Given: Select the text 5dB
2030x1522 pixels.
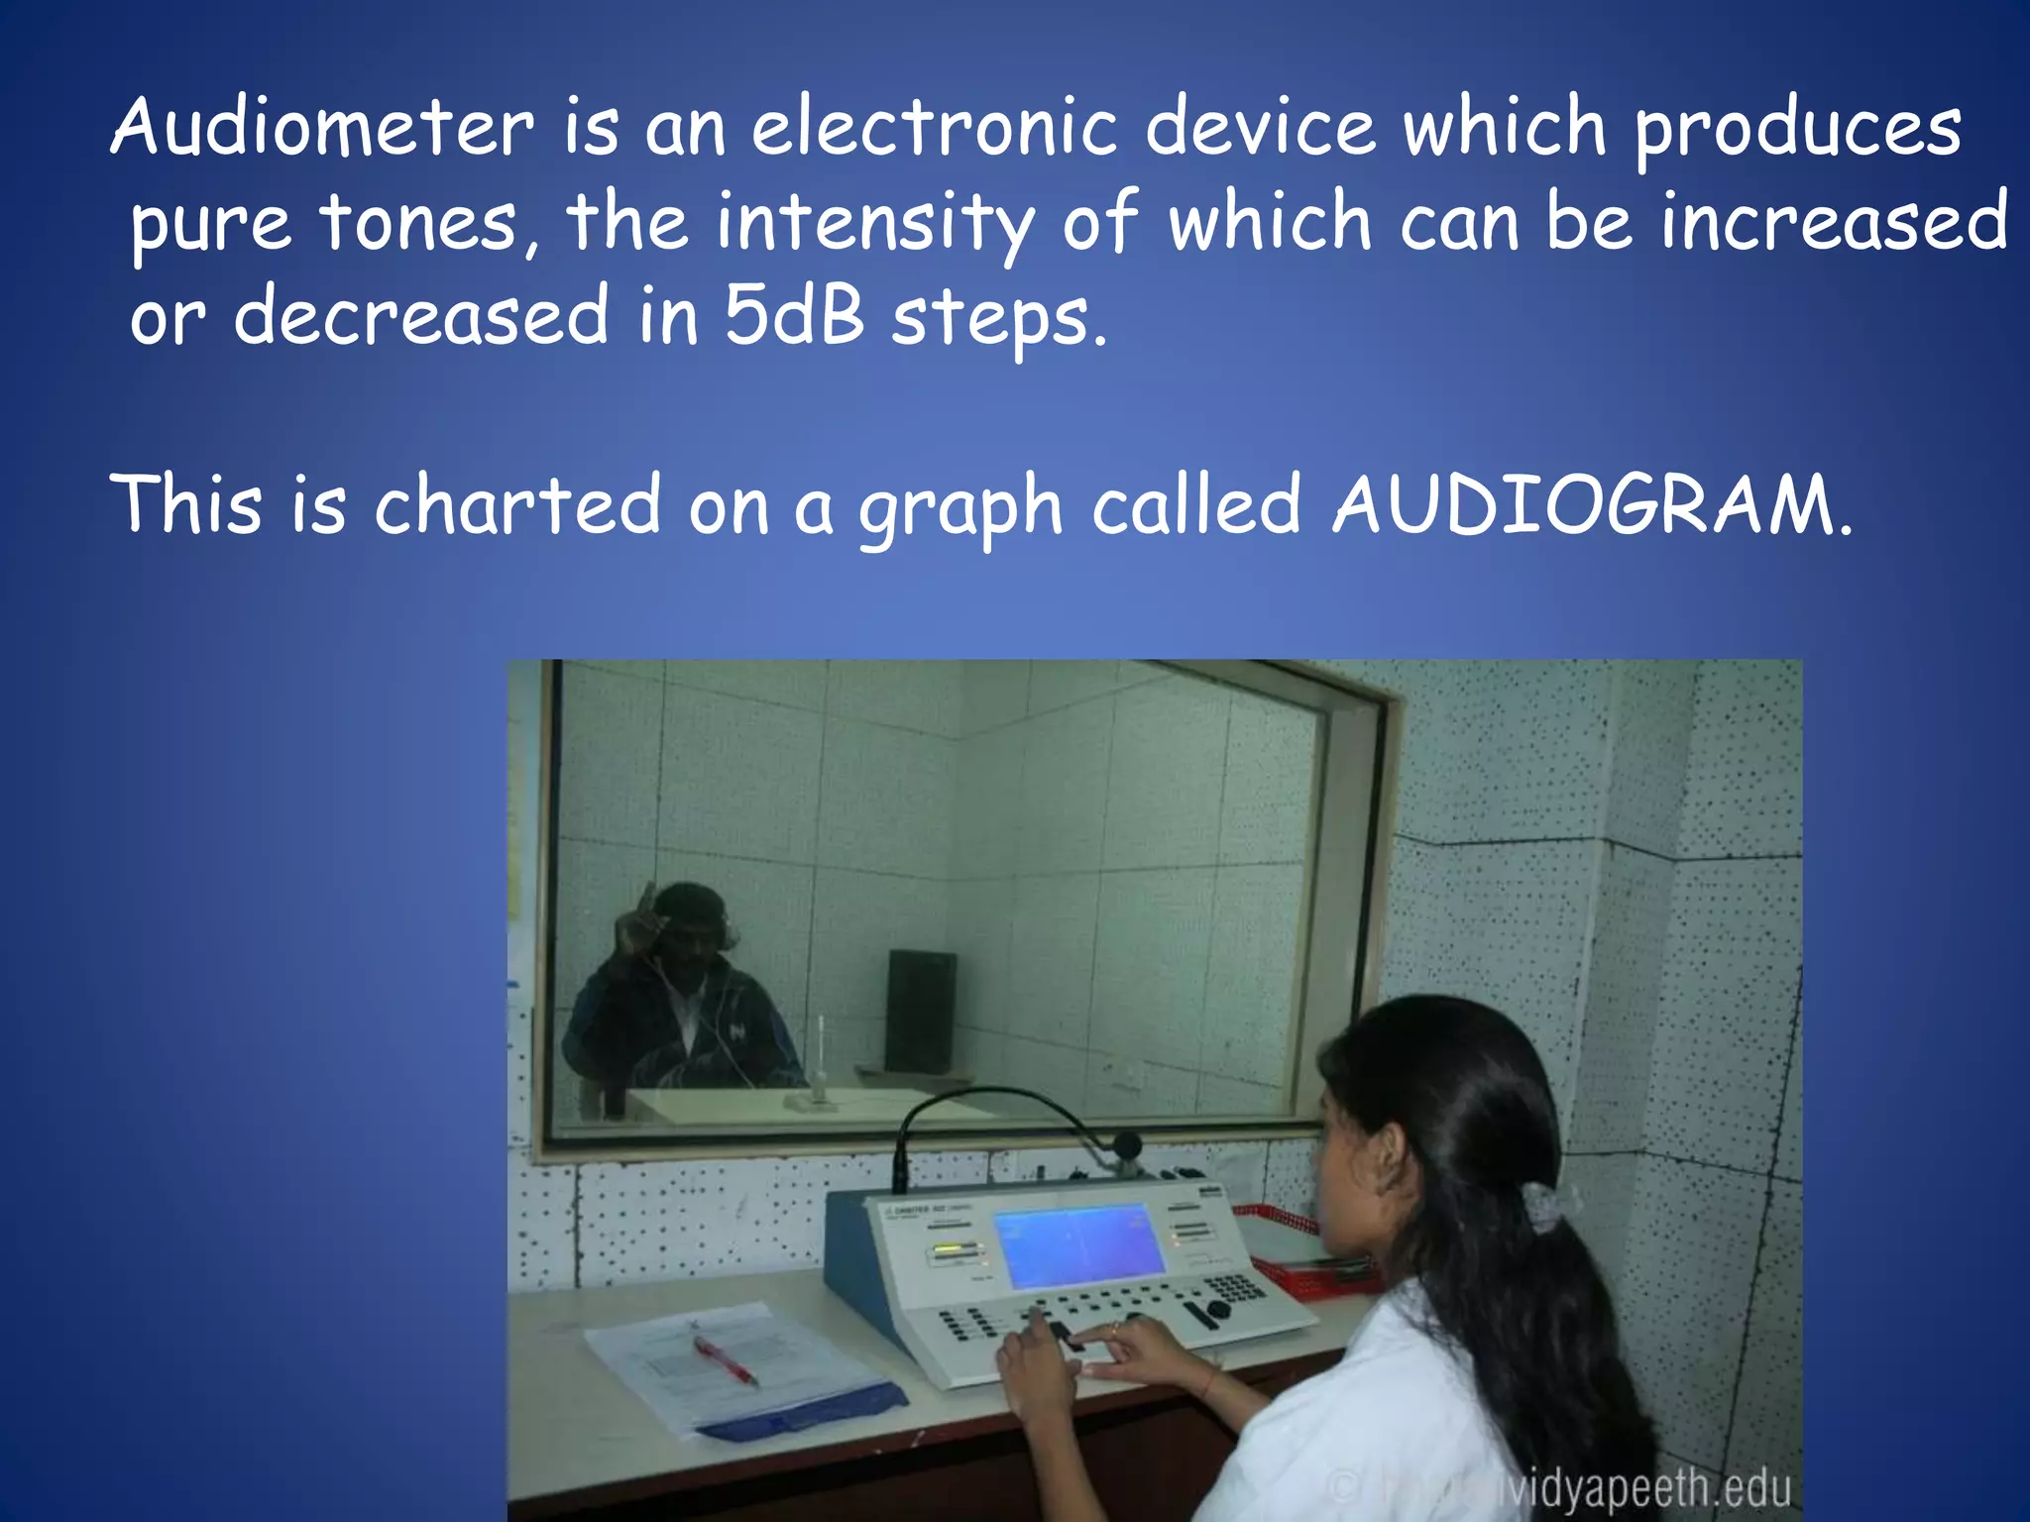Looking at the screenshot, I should click(x=796, y=316).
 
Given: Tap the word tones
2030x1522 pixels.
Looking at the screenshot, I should click(x=417, y=222).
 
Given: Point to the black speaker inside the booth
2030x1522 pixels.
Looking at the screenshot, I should click(x=921, y=1012).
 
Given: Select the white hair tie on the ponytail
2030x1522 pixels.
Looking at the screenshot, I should click(x=1543, y=1203).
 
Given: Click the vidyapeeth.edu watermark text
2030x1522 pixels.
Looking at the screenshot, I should click(x=1645, y=1490).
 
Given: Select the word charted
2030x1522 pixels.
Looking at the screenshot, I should click(x=516, y=505).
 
